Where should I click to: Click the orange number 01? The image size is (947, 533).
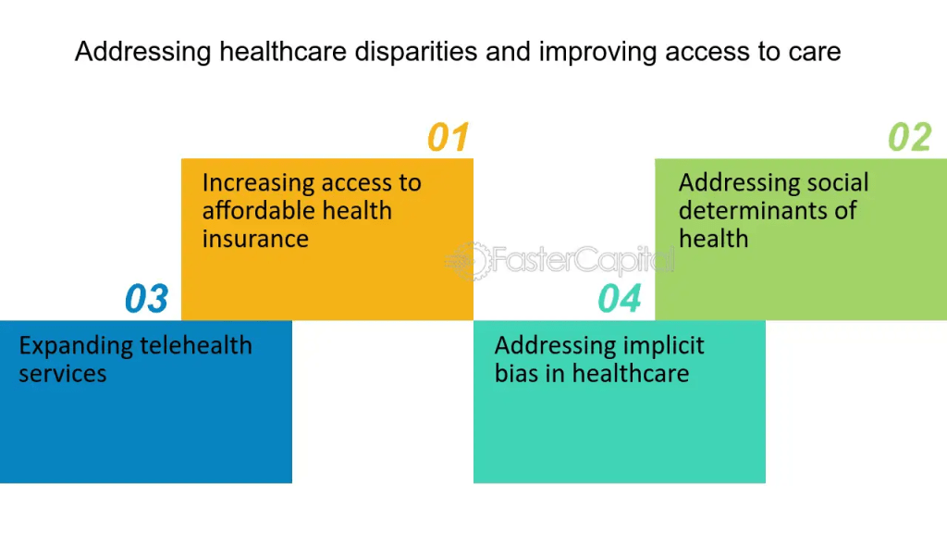449,137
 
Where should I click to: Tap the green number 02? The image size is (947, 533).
910,137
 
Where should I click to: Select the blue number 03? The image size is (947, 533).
146,299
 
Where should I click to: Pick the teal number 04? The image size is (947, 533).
619,299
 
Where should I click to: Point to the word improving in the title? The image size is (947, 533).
597,53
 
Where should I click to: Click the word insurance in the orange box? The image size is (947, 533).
255,239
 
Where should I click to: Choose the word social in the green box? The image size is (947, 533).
838,182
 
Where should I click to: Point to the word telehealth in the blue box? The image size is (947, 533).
196,345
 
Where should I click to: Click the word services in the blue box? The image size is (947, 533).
63,374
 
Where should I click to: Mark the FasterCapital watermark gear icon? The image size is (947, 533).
469,261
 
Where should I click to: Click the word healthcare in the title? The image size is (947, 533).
283,52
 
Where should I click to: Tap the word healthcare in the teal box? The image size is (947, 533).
631,373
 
